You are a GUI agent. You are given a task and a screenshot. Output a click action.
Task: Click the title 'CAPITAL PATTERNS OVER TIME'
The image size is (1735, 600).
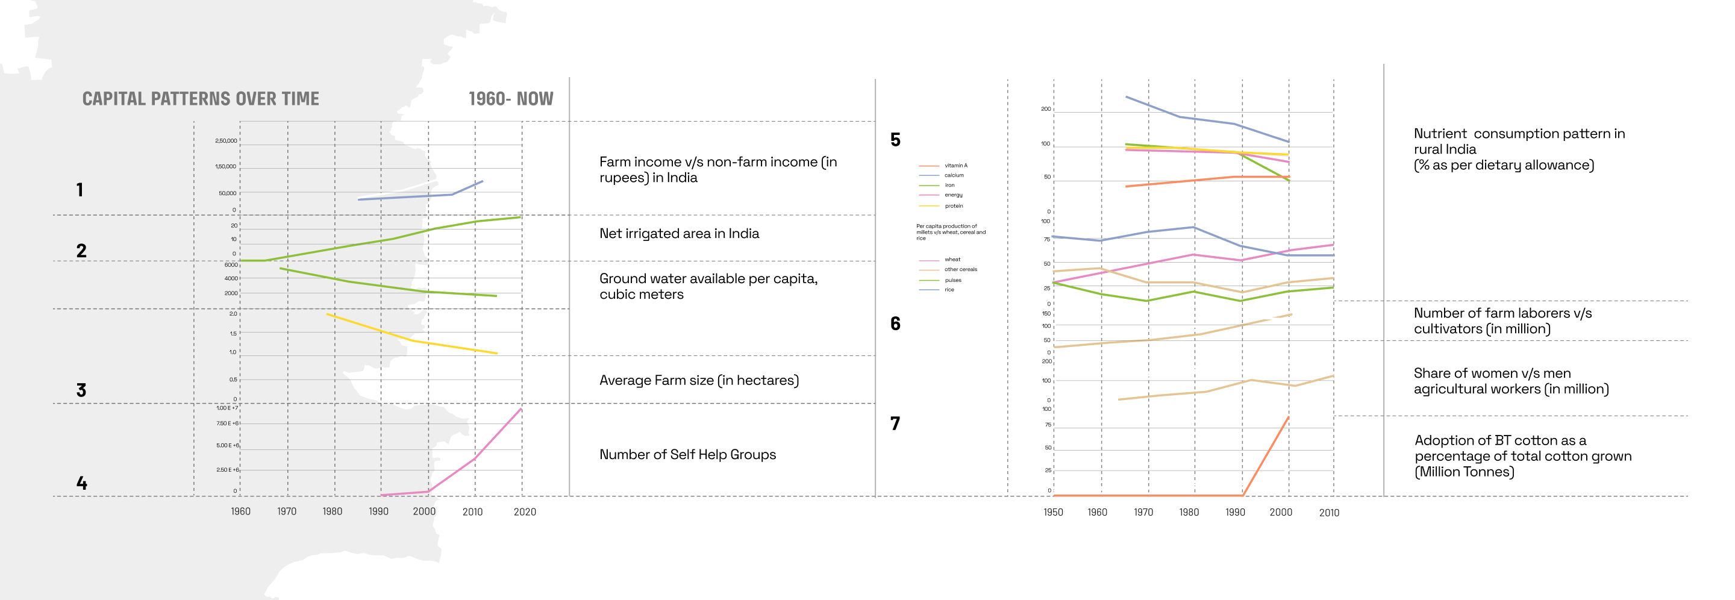[x=201, y=99]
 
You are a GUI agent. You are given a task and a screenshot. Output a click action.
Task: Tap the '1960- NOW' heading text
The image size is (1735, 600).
[x=510, y=99]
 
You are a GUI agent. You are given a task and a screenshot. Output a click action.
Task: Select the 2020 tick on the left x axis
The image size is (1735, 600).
[x=525, y=512]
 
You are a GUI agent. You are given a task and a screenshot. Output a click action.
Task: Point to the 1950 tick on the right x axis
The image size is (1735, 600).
[x=1052, y=513]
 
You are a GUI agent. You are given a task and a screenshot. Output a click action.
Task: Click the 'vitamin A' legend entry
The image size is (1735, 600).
[x=955, y=166]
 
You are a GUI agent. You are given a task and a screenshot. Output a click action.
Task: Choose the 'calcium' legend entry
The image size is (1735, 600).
[x=953, y=175]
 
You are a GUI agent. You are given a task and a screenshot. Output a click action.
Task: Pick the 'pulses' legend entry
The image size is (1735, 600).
[x=952, y=280]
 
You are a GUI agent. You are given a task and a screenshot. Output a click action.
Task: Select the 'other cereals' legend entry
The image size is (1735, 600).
[x=960, y=269]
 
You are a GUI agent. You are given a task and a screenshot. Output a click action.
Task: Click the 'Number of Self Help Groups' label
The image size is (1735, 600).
[x=687, y=455]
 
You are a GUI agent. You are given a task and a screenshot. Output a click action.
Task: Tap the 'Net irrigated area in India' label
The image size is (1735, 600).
[x=679, y=234]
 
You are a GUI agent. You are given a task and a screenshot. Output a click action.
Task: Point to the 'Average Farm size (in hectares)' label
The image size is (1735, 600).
[x=698, y=381]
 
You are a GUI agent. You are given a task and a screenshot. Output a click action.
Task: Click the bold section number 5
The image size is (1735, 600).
[x=895, y=140]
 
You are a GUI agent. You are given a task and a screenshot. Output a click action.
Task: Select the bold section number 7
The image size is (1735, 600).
[x=895, y=423]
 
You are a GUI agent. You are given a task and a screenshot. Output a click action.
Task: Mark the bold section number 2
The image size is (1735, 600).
[x=81, y=251]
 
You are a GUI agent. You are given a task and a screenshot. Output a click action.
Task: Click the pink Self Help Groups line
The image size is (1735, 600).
[x=475, y=458]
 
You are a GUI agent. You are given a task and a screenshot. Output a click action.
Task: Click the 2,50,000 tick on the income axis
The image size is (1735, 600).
[x=226, y=141]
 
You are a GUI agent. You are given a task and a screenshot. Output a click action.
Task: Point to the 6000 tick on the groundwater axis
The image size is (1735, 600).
[x=231, y=265]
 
